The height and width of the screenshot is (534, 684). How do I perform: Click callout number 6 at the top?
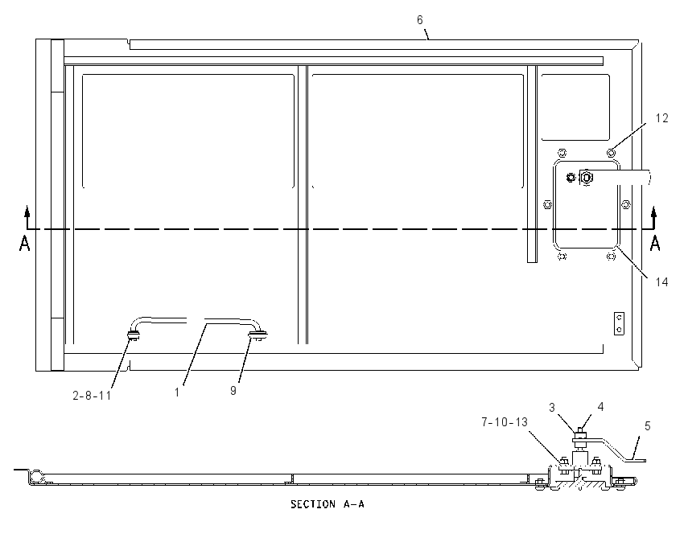click(x=419, y=20)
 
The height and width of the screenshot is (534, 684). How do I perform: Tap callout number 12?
click(x=661, y=118)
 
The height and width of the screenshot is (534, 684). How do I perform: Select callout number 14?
click(x=661, y=282)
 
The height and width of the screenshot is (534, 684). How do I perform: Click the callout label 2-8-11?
click(x=92, y=396)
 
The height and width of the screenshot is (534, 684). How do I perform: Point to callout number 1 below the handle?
click(x=177, y=392)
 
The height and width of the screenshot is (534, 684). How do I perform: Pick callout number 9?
click(x=233, y=390)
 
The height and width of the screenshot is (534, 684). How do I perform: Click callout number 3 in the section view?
click(x=552, y=407)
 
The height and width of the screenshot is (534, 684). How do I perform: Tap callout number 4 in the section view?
click(x=600, y=406)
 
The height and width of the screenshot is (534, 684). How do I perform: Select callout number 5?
click(x=647, y=426)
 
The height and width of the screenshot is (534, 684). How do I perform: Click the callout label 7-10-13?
click(x=505, y=422)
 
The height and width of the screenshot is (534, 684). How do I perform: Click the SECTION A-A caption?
click(x=328, y=504)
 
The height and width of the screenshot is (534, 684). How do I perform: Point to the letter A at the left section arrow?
click(x=24, y=243)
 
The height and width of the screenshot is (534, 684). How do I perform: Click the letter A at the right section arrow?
click(x=655, y=243)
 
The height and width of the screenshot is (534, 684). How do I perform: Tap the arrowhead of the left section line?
click(x=27, y=212)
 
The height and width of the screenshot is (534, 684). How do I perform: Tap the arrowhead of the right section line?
click(x=653, y=212)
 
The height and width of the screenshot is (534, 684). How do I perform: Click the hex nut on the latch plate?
click(x=587, y=178)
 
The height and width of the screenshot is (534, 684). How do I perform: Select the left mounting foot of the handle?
click(x=133, y=335)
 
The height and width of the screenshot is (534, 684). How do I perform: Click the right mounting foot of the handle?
click(x=258, y=335)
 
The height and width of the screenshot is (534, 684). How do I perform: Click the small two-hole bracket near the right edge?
click(x=619, y=323)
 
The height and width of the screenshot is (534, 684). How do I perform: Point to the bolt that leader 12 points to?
click(x=611, y=153)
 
